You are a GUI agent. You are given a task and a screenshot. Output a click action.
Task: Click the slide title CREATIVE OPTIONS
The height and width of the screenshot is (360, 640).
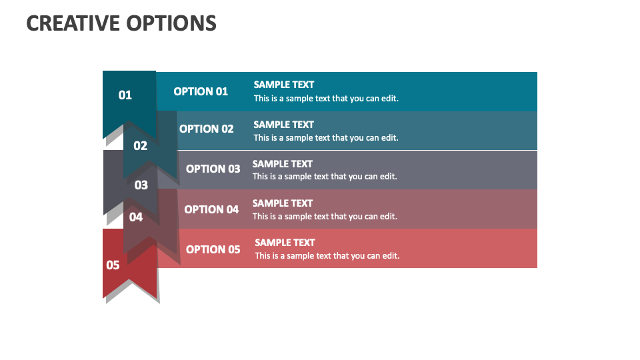click(121, 23)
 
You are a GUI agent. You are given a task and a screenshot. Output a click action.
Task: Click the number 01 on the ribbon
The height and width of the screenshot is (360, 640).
click(125, 95)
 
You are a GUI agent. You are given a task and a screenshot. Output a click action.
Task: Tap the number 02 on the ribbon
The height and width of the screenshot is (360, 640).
click(140, 146)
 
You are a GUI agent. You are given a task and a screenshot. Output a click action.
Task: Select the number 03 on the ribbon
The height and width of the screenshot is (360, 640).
click(141, 185)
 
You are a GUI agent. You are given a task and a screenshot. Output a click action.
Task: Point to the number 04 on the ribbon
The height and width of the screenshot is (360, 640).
click(136, 217)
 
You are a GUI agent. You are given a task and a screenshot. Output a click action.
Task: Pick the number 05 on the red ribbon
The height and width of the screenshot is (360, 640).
click(113, 265)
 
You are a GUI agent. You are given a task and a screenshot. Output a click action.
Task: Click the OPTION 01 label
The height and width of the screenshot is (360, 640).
click(201, 91)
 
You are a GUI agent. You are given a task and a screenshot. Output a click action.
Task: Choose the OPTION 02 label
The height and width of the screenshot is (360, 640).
click(207, 129)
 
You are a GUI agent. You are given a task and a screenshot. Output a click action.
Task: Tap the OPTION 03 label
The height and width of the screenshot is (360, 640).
click(213, 169)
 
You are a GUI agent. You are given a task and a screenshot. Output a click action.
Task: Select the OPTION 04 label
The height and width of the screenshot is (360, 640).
click(211, 209)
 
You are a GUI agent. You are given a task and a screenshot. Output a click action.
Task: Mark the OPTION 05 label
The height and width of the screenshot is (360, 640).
click(213, 249)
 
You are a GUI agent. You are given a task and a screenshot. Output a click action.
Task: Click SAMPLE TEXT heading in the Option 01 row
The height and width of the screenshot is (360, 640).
click(284, 85)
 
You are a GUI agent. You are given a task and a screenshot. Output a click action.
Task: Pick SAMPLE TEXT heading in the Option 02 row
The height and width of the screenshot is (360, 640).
click(284, 125)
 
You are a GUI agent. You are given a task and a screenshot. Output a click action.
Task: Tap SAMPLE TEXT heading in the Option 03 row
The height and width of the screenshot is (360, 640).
click(283, 164)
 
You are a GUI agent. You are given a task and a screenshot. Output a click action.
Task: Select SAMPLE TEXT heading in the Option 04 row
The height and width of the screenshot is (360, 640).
click(283, 203)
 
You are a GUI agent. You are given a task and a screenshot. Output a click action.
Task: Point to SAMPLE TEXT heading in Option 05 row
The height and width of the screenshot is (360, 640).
click(285, 243)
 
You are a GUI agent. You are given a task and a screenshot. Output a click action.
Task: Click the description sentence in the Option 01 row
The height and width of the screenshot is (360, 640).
click(326, 99)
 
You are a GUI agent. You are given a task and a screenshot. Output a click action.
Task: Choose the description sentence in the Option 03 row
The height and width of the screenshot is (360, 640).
click(325, 177)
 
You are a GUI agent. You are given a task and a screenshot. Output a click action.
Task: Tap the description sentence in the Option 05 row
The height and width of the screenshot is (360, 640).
click(327, 256)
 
